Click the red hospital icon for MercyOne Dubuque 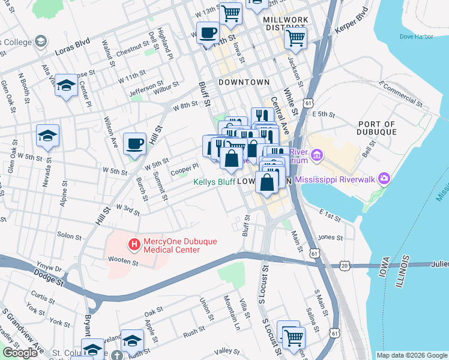click(x=134, y=245)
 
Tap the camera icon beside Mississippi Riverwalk click(x=384, y=179)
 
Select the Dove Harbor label click(x=416, y=37)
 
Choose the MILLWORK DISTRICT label click(x=286, y=23)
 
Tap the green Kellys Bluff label click(x=214, y=182)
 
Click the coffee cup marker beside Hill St click(x=134, y=144)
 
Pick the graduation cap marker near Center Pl click(x=66, y=87)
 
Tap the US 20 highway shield click(x=344, y=265)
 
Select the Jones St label click(x=330, y=238)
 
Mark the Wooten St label click(x=123, y=260)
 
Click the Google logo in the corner click(x=20, y=353)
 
